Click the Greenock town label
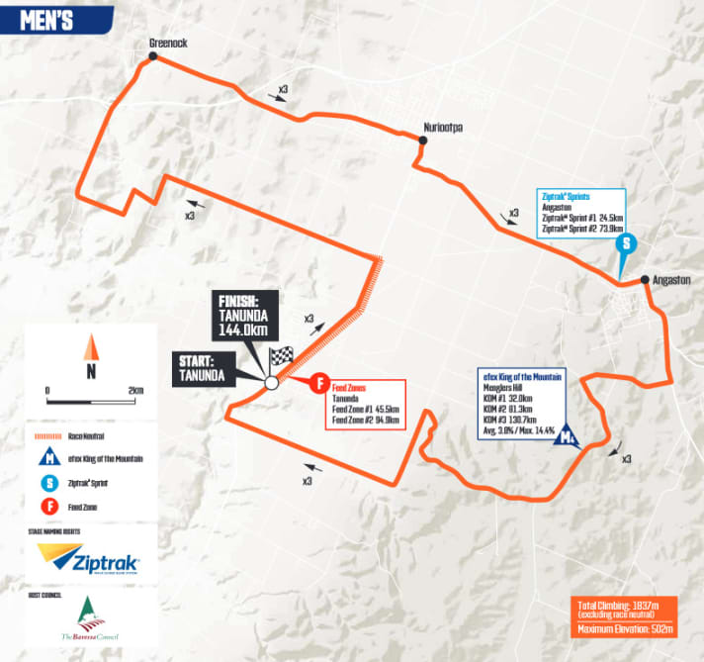[x=168, y=44]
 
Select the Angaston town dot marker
[x=644, y=279]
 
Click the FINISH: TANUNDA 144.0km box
[x=245, y=316]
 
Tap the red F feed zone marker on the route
[x=320, y=382]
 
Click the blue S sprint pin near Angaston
[x=625, y=243]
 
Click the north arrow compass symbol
[x=90, y=348]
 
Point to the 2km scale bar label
[x=134, y=391]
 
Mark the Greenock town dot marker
[x=152, y=57]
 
